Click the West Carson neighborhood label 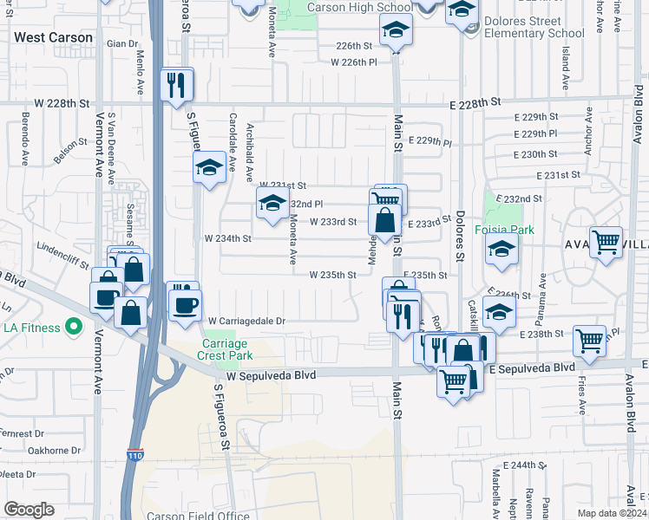click(x=54, y=38)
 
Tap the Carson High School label click(x=348, y=8)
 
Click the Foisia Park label click(x=504, y=230)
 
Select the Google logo click(x=29, y=510)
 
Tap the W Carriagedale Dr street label click(x=246, y=321)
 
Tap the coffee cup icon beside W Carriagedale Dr click(x=185, y=304)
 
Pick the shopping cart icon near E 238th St click(x=590, y=341)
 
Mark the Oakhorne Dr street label click(x=54, y=450)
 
